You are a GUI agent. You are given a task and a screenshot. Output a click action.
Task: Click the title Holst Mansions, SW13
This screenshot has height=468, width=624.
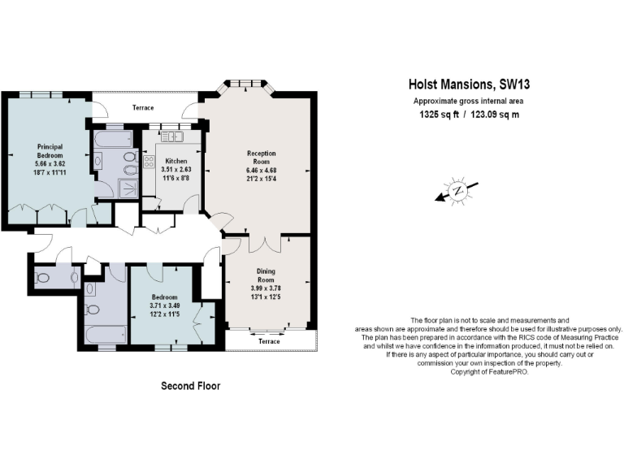pyautogui.click(x=467, y=84)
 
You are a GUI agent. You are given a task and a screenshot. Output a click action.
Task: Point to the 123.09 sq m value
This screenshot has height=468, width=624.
pyautogui.click(x=495, y=115)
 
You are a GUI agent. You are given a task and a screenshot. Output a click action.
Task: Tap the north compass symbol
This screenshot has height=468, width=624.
pyautogui.click(x=457, y=192)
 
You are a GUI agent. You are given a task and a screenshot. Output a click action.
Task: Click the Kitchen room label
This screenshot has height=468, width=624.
pyautogui.click(x=176, y=161)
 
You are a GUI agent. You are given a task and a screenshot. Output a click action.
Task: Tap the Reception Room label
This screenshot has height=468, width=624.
pyautogui.click(x=261, y=157)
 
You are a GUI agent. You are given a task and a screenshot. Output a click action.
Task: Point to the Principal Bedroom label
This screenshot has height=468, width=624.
pyautogui.click(x=50, y=151)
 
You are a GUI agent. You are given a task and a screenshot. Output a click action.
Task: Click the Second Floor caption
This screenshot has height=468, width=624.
pyautogui.click(x=190, y=385)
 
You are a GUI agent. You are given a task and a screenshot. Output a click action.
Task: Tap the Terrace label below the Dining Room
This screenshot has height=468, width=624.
pyautogui.click(x=268, y=341)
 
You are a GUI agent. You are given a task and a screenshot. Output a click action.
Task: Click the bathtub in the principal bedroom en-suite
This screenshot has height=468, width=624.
pyautogui.click(x=115, y=139)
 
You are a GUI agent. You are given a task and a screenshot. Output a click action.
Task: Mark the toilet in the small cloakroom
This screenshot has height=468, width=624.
pyautogui.click(x=45, y=277)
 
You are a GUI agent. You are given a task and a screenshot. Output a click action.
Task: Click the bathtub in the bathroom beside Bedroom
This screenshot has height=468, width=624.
pyautogui.click(x=105, y=333)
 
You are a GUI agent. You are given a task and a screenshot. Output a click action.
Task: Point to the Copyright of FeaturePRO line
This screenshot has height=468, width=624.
pyautogui.click(x=488, y=371)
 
